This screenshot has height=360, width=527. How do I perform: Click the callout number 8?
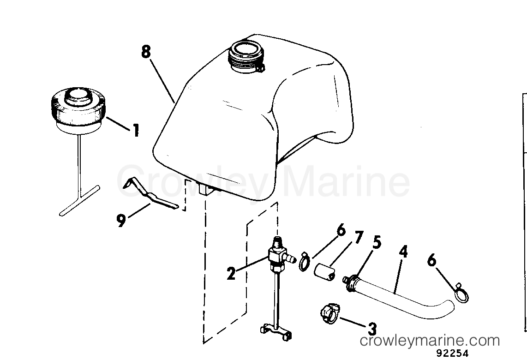146,53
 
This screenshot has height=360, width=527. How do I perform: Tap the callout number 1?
136,130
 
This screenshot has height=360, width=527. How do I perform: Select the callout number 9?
121,221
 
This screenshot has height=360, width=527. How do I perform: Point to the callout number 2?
231,274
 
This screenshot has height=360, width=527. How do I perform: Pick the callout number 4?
403,252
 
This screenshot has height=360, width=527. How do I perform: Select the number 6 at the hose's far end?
432,261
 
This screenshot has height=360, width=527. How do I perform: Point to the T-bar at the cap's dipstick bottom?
80,200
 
